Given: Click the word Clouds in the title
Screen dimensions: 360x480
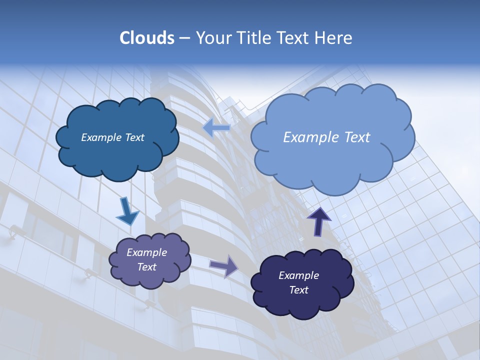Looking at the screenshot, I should [147, 38].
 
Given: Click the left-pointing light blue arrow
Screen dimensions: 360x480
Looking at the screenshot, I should [216, 128].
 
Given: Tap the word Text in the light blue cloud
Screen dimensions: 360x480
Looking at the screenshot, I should [354, 137].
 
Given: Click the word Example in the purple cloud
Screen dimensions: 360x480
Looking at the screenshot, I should [147, 252].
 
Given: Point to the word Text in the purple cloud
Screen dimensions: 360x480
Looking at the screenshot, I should [147, 267].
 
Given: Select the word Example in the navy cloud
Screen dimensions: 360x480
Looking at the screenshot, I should [299, 275].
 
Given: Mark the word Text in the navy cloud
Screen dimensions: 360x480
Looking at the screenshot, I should [299, 290].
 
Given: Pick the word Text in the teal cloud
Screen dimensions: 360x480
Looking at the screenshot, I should [134, 137].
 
